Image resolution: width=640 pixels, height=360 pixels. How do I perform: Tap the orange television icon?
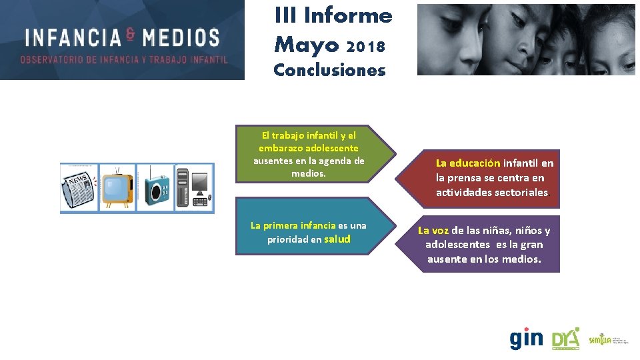point(117,189)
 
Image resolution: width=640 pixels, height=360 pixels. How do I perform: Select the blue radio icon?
point(156,189)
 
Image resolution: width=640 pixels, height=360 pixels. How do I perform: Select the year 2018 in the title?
point(366,47)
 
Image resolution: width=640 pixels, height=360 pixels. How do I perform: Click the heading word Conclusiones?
point(329,70)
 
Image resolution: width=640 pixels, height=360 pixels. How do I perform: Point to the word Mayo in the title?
point(307,45)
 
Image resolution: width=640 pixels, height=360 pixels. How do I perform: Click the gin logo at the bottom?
point(526,339)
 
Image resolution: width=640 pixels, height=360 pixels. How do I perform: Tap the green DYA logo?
point(565,339)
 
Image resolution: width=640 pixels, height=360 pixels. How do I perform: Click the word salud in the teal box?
point(337,239)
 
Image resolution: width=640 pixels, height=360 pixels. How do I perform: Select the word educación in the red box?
point(475,163)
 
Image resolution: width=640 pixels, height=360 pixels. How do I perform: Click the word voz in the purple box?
point(440,231)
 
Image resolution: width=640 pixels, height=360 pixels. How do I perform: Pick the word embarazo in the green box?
point(279,148)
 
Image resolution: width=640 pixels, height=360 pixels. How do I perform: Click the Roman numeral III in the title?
point(286,15)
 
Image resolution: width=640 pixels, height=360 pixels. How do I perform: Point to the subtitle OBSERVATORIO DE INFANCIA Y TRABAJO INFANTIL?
point(124,59)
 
